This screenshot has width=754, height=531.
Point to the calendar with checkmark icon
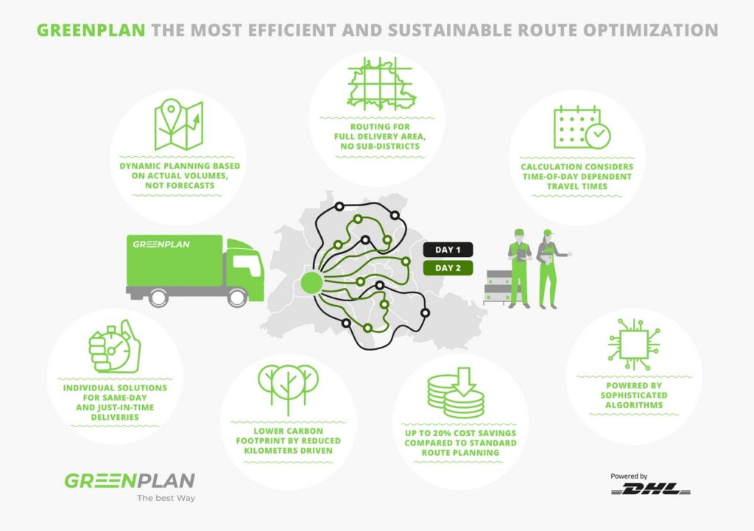(581, 128)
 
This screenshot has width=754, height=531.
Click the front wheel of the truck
(237, 297)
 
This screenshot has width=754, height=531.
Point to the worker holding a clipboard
(519, 266)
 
